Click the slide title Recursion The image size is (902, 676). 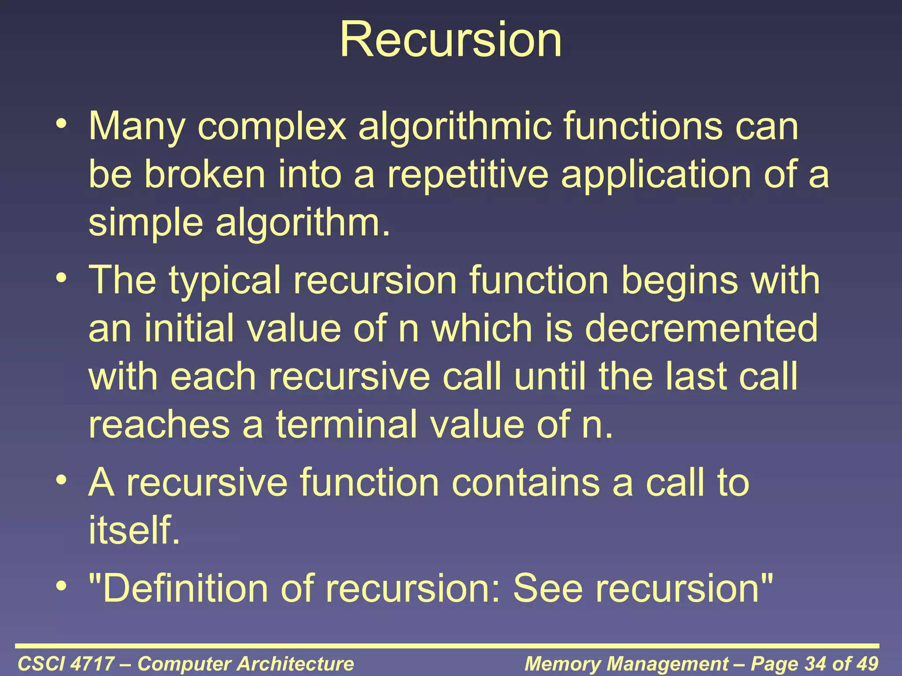click(451, 40)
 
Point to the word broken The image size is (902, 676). click(205, 174)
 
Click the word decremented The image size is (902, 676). click(701, 328)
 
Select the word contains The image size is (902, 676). click(525, 483)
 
